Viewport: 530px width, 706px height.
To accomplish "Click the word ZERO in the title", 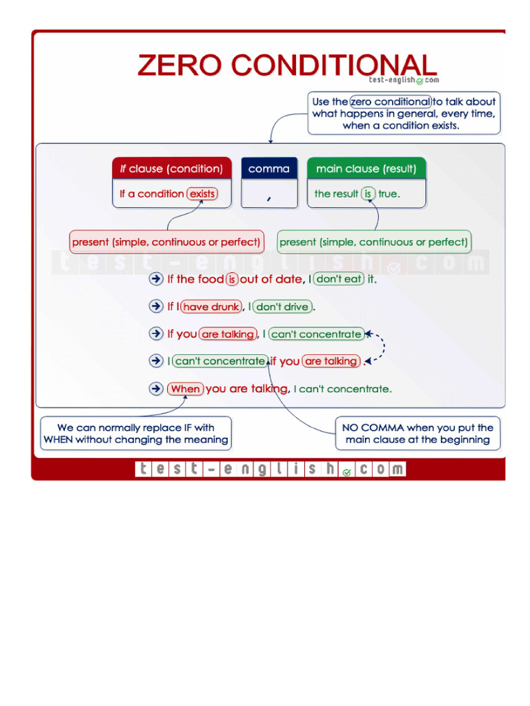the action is click(181, 65).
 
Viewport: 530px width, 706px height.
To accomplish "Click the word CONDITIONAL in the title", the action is click(333, 65).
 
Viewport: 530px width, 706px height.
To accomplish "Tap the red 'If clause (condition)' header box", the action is click(171, 169).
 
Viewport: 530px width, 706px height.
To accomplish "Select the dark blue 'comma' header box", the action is click(269, 169).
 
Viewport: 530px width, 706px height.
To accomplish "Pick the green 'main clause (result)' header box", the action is click(366, 169).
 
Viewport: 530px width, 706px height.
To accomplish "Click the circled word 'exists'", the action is click(202, 194).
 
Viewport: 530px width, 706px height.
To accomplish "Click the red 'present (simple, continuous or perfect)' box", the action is click(166, 242).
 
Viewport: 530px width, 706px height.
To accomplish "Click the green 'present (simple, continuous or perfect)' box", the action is click(374, 242).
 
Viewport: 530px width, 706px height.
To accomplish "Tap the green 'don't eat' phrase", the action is click(339, 279).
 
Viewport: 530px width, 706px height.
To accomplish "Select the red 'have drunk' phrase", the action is click(211, 307).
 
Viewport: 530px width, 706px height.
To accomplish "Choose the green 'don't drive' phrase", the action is click(283, 307).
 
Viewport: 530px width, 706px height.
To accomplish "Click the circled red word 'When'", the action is click(185, 389).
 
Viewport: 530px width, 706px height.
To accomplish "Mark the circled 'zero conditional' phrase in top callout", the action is click(391, 101).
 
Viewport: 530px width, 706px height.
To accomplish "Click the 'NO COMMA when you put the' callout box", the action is click(418, 434).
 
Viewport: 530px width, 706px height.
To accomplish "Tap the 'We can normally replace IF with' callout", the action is click(136, 434).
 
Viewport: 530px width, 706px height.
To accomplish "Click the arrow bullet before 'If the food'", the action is click(156, 279).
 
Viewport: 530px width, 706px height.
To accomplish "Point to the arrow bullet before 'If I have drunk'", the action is click(156, 306).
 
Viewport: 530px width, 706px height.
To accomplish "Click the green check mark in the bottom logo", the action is click(346, 472).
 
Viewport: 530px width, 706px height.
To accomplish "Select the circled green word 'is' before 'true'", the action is click(369, 194).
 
